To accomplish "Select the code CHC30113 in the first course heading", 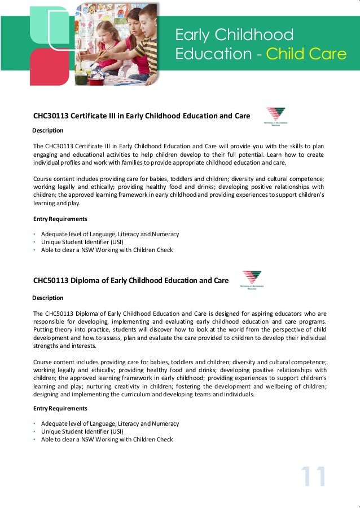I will pyautogui.click(x=49, y=116).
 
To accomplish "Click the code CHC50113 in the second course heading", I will pyautogui.click(x=49, y=280).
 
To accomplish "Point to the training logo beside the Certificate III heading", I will pyautogui.click(x=275, y=116).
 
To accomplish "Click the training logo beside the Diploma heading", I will pyautogui.click(x=251, y=280).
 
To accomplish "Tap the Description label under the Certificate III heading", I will pyautogui.click(x=48, y=130).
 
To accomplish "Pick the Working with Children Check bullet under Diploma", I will pyautogui.click(x=107, y=439).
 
